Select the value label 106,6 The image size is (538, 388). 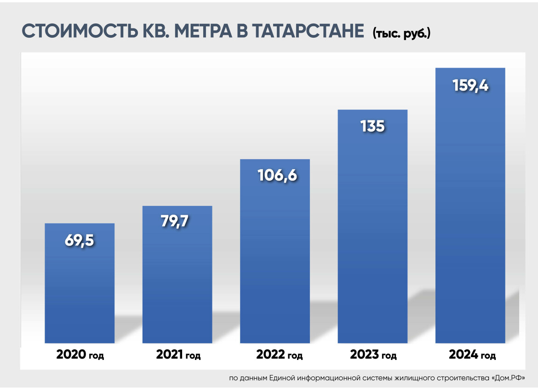275,175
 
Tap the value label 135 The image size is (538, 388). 372,126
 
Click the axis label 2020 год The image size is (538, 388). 80,355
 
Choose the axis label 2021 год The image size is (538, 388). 178,355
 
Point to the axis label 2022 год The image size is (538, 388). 279,355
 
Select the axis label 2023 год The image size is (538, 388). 373,355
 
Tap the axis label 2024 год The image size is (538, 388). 472,355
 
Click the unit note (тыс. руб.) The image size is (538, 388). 401,34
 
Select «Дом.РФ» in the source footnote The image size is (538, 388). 508,378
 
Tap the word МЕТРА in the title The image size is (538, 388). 201,31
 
